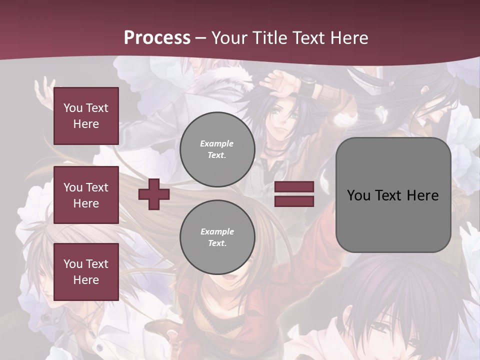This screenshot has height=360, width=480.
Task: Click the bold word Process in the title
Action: tap(157, 37)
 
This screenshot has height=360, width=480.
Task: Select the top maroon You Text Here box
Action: tap(86, 116)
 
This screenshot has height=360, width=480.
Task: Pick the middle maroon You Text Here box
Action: tap(86, 195)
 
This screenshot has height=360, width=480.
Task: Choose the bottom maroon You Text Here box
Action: tap(86, 272)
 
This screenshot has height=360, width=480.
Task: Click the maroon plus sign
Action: tap(154, 194)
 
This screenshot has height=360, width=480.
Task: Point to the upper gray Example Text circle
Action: tap(217, 149)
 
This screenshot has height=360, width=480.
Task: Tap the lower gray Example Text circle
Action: tap(217, 237)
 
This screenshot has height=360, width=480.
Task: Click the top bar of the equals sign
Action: tap(294, 187)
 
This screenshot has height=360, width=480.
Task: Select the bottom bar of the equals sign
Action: tap(294, 201)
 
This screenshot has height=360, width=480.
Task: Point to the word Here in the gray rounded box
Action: tap(422, 195)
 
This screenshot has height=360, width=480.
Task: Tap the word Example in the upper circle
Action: tap(217, 143)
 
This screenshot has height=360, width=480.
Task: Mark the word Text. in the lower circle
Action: tap(217, 243)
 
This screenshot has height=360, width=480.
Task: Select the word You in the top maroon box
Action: tap(72, 108)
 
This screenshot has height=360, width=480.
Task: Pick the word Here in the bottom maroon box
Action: tap(86, 280)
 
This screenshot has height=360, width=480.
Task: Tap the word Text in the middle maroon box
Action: tap(97, 187)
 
